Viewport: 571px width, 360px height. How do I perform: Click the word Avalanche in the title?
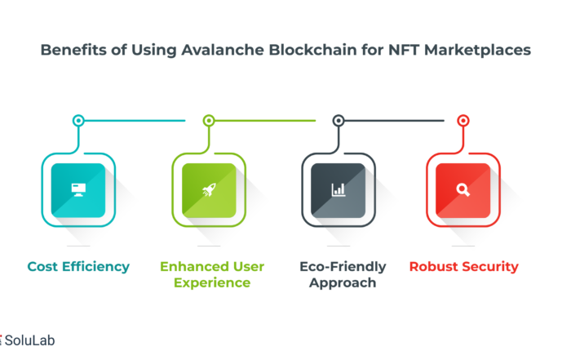pyautogui.click(x=223, y=50)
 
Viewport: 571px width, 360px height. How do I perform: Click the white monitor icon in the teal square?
pyautogui.click(x=78, y=190)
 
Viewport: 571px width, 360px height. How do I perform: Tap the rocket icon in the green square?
pyautogui.click(x=209, y=190)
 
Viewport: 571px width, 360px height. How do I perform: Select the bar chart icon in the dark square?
pyautogui.click(x=339, y=190)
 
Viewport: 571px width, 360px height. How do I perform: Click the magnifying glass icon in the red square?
pyautogui.click(x=463, y=190)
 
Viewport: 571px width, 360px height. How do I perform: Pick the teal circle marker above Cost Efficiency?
pyautogui.click(x=78, y=121)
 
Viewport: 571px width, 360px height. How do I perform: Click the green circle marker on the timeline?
pyautogui.click(x=209, y=121)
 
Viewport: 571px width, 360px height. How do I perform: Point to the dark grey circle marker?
pyautogui.click(x=339, y=121)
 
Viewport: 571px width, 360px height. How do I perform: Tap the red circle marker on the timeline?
pyautogui.click(x=463, y=121)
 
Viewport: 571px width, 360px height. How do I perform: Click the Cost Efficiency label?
pyautogui.click(x=78, y=267)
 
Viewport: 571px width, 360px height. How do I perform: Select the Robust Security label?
pyautogui.click(x=463, y=267)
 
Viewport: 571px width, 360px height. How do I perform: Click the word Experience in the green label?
pyautogui.click(x=212, y=283)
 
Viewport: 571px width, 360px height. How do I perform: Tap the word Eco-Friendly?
pyautogui.click(x=343, y=267)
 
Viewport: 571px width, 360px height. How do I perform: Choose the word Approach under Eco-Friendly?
pyautogui.click(x=343, y=283)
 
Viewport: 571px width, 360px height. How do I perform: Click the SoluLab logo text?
pyautogui.click(x=30, y=340)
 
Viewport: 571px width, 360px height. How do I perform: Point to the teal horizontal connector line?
pyautogui.click(x=135, y=121)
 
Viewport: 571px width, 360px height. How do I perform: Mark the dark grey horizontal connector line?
pyautogui.click(x=394, y=121)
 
